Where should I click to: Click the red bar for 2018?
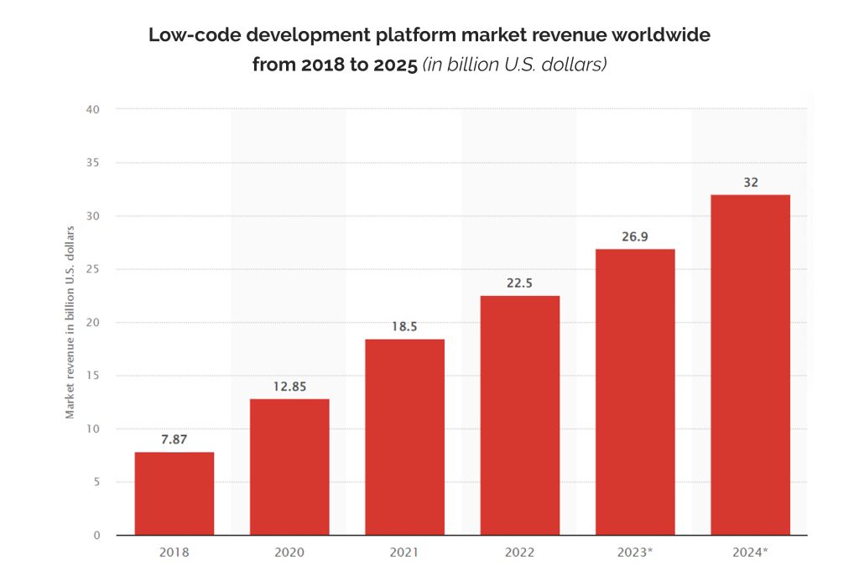tap(174, 493)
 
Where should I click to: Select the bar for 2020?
tap(289, 467)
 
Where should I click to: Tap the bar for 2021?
tap(405, 437)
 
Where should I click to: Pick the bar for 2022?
tap(520, 416)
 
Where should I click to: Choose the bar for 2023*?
tap(635, 392)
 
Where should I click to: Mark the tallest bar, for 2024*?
tap(751, 365)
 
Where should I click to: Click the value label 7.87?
tap(174, 439)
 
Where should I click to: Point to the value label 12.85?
tap(289, 386)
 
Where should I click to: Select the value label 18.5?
tap(404, 327)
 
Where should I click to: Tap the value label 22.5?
tap(519, 283)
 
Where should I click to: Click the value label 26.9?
tap(635, 236)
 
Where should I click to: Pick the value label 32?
tap(751, 183)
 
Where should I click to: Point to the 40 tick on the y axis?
tap(92, 110)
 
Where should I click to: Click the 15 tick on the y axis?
tap(92, 376)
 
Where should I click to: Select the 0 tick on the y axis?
tap(97, 535)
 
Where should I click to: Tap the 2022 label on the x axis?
tap(519, 552)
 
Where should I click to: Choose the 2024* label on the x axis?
tap(750, 552)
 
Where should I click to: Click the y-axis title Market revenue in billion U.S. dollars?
tap(70, 323)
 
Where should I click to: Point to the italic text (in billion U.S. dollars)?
tap(514, 65)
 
